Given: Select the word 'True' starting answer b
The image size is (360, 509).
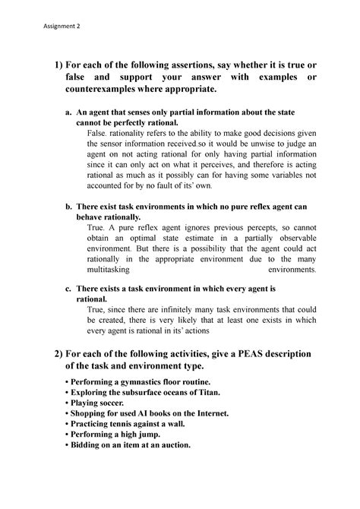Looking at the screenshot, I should click(96, 227).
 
